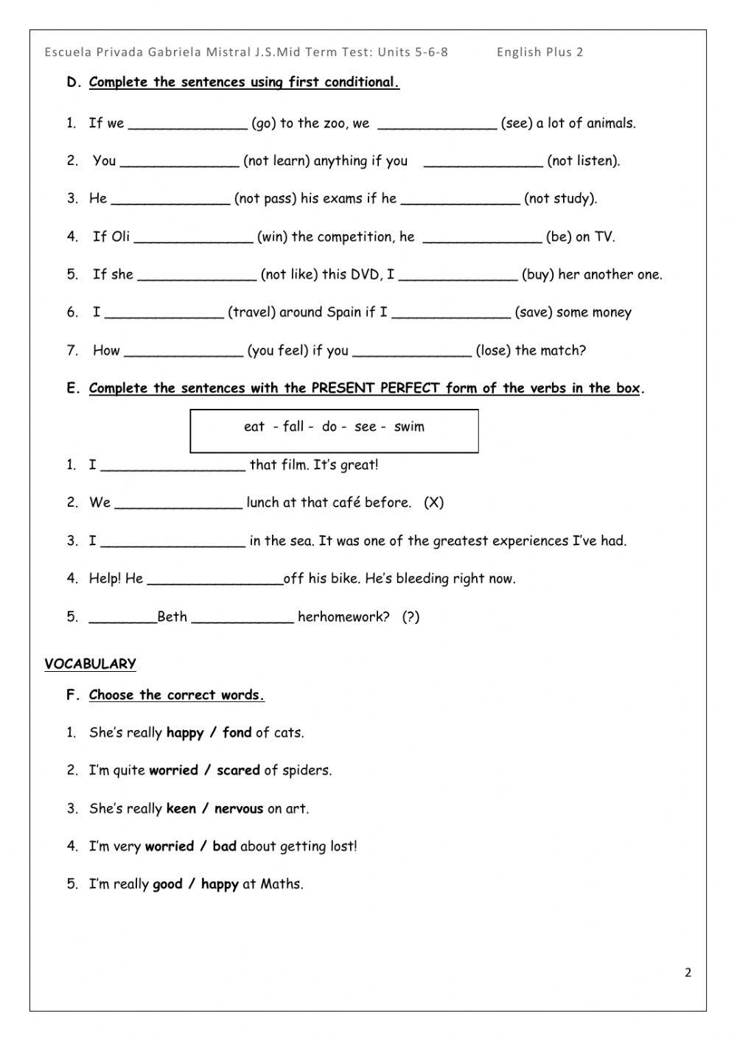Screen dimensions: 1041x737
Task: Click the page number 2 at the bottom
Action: pos(688,972)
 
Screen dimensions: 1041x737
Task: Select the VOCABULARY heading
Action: pos(90,664)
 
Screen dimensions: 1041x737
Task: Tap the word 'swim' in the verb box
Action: pos(409,427)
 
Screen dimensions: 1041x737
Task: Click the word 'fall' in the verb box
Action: pos(293,427)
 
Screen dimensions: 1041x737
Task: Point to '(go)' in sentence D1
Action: pos(263,124)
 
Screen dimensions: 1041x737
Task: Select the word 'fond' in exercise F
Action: pos(237,733)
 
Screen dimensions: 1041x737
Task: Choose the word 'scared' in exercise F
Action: pos(238,771)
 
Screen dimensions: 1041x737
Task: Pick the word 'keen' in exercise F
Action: pos(181,809)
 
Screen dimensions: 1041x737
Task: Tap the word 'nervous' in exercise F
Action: pos(238,809)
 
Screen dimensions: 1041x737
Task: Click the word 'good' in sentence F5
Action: pos(167,885)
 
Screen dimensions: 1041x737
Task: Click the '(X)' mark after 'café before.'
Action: pos(434,503)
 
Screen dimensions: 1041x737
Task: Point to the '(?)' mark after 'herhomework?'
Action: pos(411,617)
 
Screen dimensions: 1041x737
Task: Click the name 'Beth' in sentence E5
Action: pos(172,617)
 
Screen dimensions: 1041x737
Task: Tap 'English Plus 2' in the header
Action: pos(539,52)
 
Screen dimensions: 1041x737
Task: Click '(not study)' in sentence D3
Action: pos(560,199)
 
